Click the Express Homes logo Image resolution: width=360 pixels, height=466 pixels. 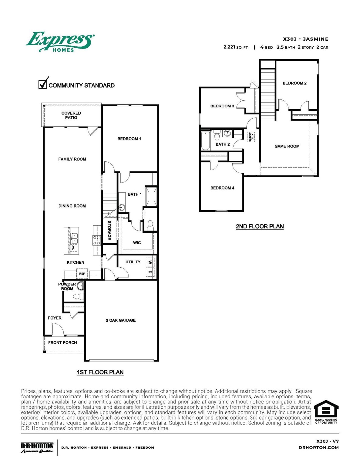(x=60, y=42)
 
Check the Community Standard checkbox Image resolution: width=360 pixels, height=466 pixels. (x=43, y=84)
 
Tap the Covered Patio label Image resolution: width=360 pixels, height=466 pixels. (x=71, y=115)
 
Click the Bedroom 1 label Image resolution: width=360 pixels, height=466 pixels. (x=129, y=139)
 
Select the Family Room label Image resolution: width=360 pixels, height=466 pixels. (x=72, y=159)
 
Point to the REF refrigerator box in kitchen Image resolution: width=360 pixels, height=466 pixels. (x=82, y=274)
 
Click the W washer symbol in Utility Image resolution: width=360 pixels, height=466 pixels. (x=150, y=262)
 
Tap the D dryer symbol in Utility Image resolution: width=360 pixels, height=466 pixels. (x=150, y=272)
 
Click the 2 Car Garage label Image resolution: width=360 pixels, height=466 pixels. (x=120, y=320)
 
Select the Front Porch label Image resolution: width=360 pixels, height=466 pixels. (x=62, y=343)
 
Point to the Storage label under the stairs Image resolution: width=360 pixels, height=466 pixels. (x=109, y=230)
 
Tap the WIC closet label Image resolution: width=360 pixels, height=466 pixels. (x=137, y=242)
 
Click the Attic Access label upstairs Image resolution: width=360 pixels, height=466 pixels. (x=251, y=137)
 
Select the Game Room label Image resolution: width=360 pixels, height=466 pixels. (x=287, y=146)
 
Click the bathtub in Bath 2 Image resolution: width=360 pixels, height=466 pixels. (x=206, y=141)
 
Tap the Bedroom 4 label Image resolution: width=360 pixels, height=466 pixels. (x=222, y=188)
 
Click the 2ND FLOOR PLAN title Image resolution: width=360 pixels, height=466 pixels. (x=260, y=226)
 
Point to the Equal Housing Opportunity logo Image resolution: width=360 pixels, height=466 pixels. (x=326, y=412)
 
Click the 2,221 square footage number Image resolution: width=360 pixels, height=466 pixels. (x=229, y=47)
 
